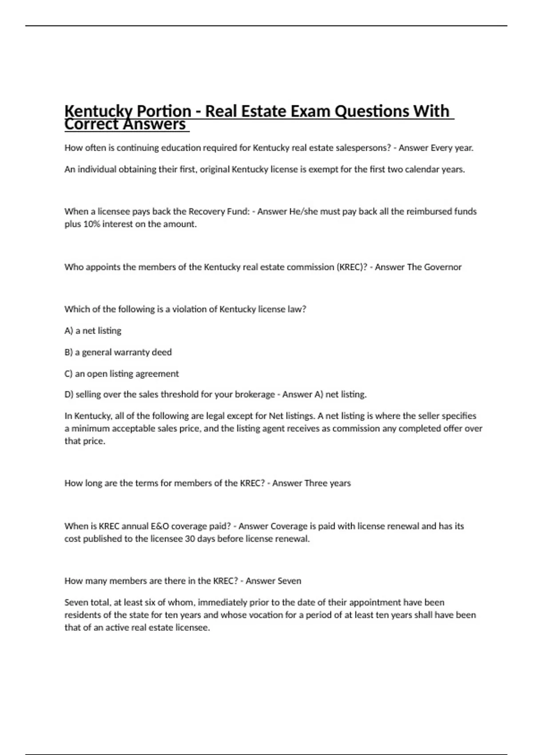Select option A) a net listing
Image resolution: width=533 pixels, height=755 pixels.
point(93,331)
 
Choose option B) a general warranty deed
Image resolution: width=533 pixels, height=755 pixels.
point(118,352)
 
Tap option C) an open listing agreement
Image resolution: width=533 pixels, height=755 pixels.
point(122,374)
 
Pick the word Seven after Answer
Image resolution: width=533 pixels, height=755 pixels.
point(289,581)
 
